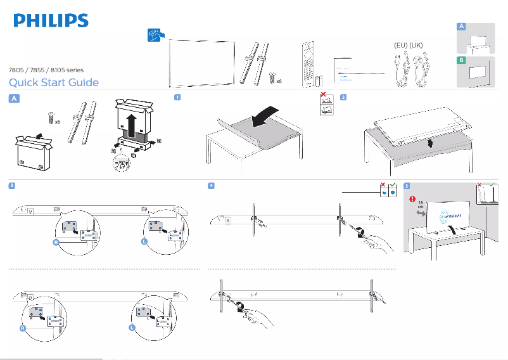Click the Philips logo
51,21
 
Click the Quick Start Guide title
53,82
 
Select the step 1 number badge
179,98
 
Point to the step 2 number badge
343,98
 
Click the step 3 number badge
12,186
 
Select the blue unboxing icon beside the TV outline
155,36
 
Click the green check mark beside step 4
393,186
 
